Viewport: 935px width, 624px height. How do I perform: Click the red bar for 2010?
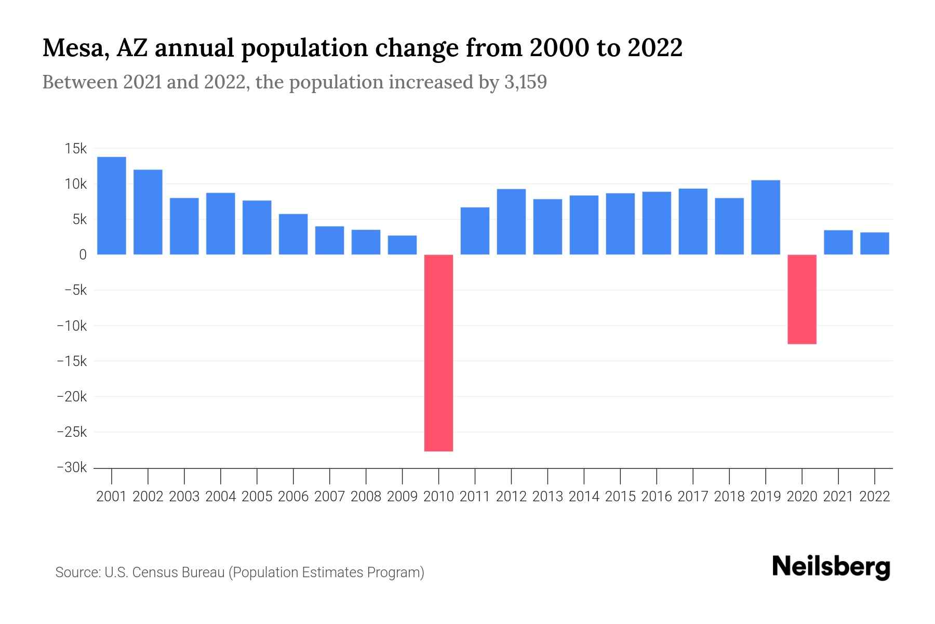click(x=438, y=353)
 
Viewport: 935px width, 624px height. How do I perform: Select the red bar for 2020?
click(x=802, y=299)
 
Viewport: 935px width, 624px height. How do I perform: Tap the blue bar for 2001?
click(x=112, y=205)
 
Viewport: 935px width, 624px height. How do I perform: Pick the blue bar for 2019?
click(x=765, y=217)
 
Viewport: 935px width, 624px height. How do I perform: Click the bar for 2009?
click(x=402, y=245)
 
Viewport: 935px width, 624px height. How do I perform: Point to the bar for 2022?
click(x=874, y=243)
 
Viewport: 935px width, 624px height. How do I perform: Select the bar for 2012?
click(x=511, y=222)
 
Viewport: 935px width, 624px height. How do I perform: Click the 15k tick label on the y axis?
click(x=76, y=149)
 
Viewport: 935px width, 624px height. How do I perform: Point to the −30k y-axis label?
click(x=72, y=467)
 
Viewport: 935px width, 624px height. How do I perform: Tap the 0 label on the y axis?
click(x=83, y=255)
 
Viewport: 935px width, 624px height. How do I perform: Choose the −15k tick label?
click(x=72, y=361)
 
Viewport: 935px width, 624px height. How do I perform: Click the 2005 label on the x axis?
click(x=257, y=497)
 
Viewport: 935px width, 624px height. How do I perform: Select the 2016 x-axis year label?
click(x=656, y=497)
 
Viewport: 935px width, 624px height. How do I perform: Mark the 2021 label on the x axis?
click(x=838, y=497)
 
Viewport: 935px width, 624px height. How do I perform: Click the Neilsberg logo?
click(x=831, y=567)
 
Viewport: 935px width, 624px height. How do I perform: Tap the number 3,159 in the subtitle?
click(x=525, y=82)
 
